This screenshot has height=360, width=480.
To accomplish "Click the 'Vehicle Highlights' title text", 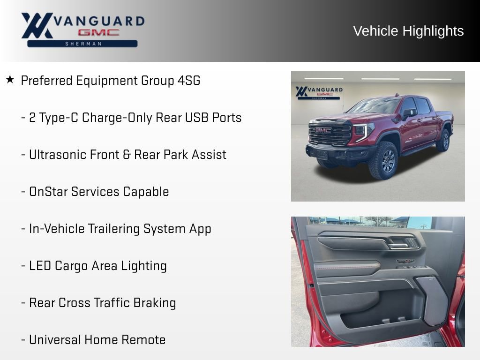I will tap(408, 31).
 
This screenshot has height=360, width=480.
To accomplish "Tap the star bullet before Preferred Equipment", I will tap(10, 80).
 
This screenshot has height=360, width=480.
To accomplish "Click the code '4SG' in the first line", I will tap(188, 81).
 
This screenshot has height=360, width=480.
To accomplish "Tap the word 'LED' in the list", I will tap(40, 266).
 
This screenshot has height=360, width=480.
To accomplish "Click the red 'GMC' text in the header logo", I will tap(98, 33).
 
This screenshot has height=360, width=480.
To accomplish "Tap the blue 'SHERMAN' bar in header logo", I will tap(82, 44).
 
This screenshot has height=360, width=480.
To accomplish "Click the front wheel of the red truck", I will tap(383, 161).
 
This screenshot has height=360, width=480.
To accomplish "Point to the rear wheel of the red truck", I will tap(442, 140).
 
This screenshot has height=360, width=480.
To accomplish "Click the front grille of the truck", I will tap(330, 134).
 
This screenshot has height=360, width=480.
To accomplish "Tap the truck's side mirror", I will tap(408, 113).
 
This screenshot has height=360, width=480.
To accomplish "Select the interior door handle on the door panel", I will tap(398, 243).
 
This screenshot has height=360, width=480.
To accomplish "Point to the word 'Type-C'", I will tap(58, 118).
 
